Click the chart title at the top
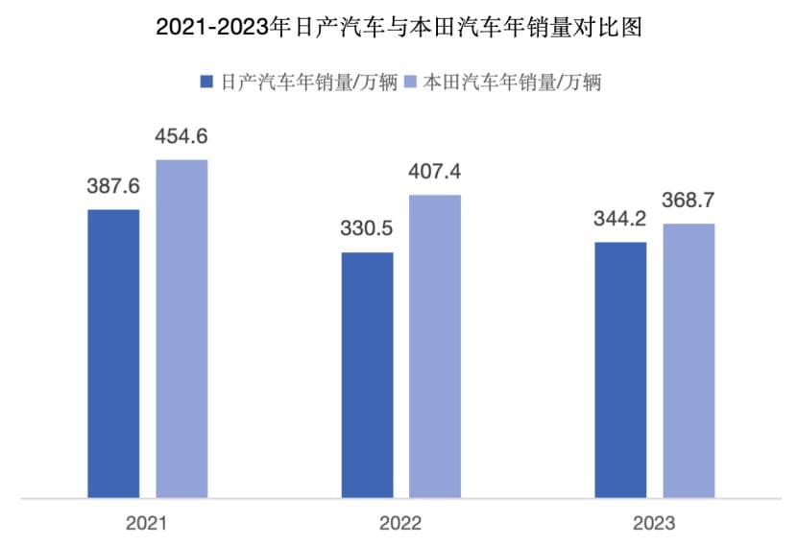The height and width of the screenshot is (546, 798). point(399,28)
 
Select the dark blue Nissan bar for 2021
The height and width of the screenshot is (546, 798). point(113,353)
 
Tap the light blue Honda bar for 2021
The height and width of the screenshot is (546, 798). point(181,328)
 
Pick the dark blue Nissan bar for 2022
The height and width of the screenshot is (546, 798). point(368,375)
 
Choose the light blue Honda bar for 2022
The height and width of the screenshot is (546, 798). point(435,346)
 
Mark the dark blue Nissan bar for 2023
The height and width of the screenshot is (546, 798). point(620,369)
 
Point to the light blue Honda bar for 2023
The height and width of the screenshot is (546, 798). point(689,361)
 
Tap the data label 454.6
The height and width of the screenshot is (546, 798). point(181,137)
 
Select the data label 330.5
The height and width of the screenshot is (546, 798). point(368,230)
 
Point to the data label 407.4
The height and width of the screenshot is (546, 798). point(435,173)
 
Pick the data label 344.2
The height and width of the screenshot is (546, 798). point(620,221)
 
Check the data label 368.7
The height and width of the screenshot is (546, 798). point(689,202)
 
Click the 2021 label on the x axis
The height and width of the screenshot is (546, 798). point(147,524)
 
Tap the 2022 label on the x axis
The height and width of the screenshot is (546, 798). point(400,524)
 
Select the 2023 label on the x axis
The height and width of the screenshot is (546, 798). point(654,524)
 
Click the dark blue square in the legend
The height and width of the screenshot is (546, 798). point(206,82)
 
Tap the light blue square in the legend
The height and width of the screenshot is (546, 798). point(409,82)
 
